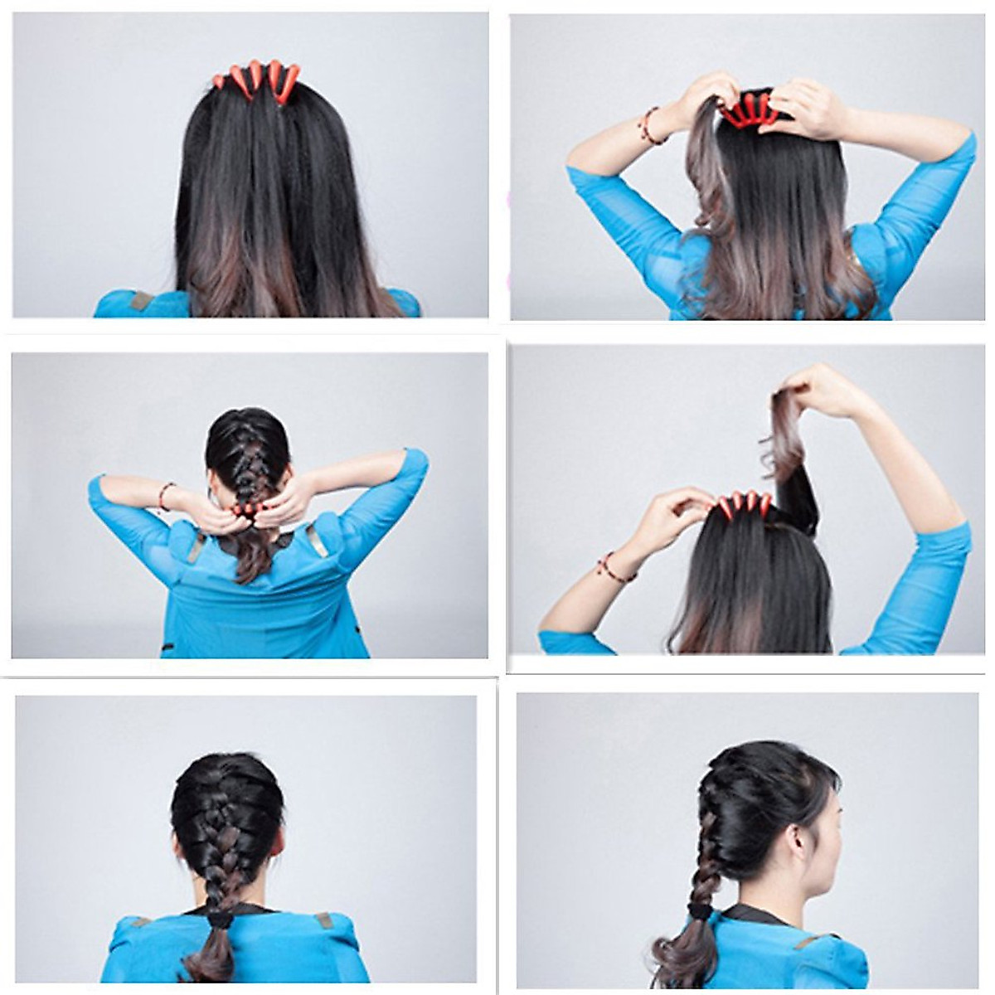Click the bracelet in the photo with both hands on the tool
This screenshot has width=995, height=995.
(652, 126)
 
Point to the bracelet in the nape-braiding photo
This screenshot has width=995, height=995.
(164, 496)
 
